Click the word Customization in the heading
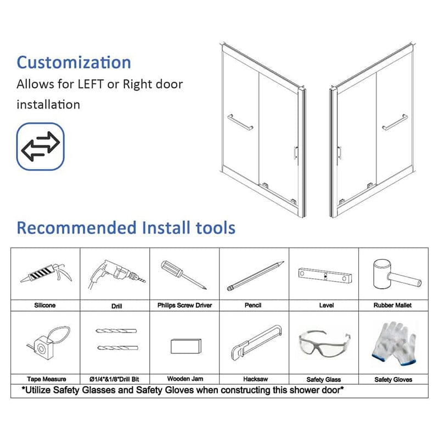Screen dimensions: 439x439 [74, 62]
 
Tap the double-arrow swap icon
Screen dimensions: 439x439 [40, 145]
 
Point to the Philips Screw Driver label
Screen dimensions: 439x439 [184, 305]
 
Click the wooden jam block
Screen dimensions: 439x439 [185, 346]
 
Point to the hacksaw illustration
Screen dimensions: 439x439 [255, 344]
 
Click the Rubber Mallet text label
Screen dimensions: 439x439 [393, 305]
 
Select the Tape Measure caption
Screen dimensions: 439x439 [46, 379]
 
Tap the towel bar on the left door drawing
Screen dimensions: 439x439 [240, 122]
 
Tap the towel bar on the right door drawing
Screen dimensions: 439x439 [395, 122]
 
